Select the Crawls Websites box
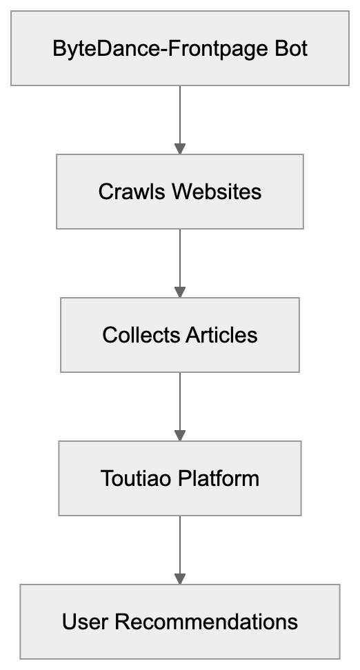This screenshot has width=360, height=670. (180, 191)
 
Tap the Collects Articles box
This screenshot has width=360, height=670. (180, 335)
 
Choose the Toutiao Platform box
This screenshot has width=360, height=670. (180, 478)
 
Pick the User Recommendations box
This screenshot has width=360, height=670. (180, 621)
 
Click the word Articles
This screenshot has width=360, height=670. (221, 335)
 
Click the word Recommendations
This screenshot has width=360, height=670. (206, 621)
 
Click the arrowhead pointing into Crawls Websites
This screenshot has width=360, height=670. (180, 148)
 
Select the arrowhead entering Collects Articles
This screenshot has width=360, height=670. (180, 292)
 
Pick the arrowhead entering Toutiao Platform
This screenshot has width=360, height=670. (180, 436)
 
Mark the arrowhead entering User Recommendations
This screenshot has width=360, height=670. (180, 579)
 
